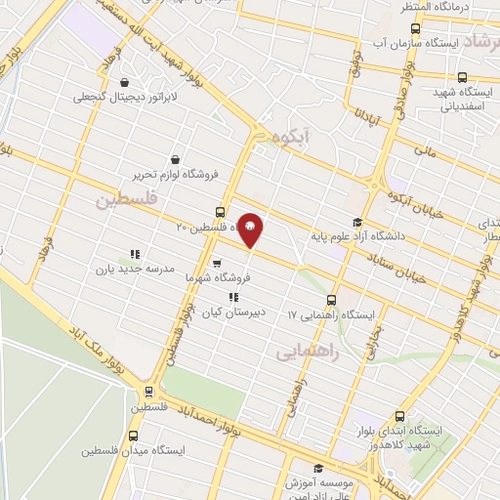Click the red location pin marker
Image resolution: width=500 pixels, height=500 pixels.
250,229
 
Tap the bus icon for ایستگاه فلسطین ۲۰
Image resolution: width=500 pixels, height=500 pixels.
219,212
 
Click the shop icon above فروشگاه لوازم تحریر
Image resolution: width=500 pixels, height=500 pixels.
174,159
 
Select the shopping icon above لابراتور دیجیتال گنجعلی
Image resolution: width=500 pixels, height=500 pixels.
123,82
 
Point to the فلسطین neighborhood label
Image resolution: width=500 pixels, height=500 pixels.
125,200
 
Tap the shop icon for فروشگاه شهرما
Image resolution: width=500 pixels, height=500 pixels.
217,263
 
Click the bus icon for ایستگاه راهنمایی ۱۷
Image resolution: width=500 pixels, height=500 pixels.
331,300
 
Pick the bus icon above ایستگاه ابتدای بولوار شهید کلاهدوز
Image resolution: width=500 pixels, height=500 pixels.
398,416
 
